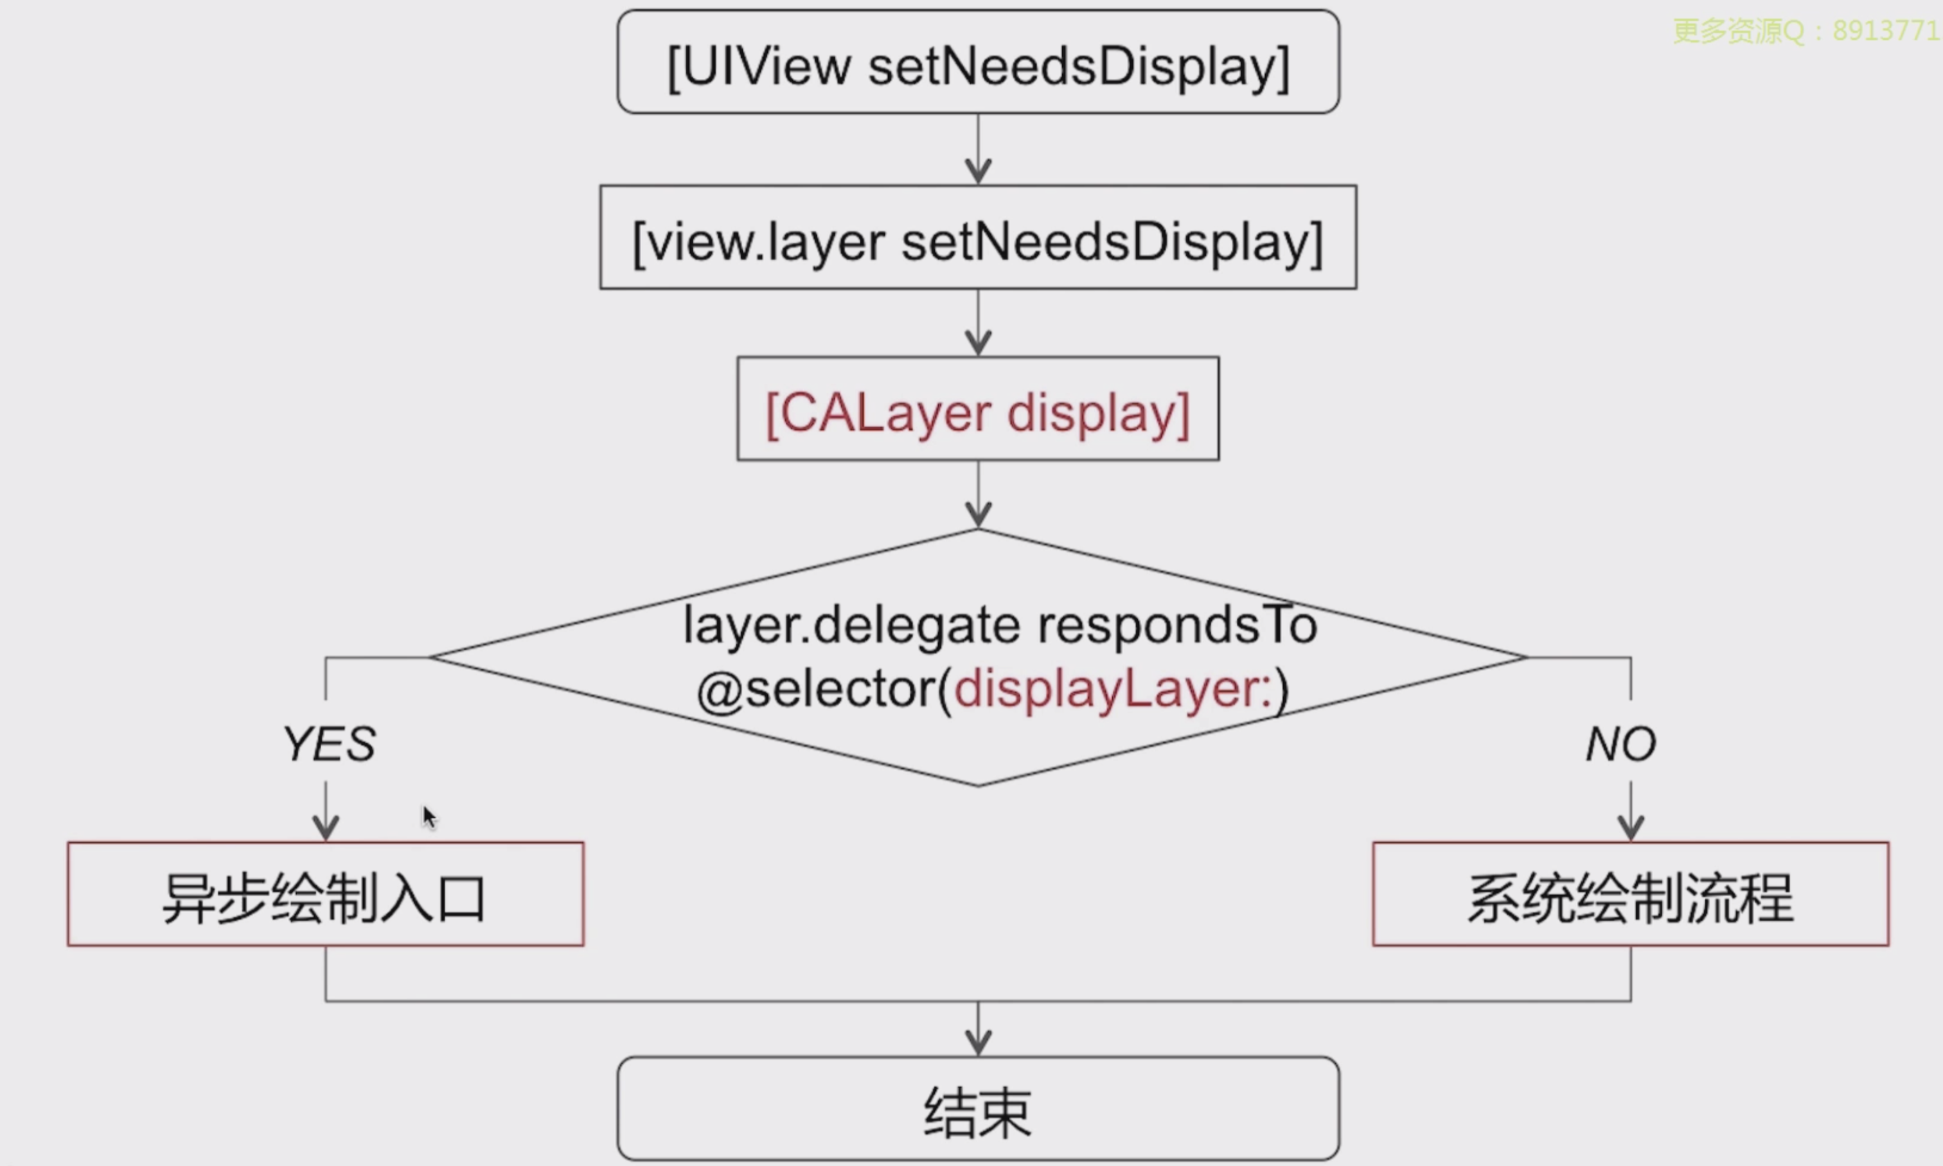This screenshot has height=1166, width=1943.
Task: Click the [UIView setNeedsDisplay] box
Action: point(978,63)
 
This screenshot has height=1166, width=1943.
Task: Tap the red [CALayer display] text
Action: point(978,411)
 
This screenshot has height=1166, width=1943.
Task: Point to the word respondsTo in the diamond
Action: point(1177,626)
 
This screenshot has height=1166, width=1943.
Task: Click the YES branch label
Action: point(329,743)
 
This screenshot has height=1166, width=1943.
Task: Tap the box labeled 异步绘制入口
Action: point(325,894)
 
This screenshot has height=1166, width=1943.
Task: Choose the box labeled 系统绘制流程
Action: point(1630,894)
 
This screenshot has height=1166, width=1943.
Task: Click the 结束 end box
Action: point(978,1109)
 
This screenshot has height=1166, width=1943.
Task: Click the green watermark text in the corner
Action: point(1805,31)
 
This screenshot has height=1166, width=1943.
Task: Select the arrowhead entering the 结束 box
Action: point(978,1042)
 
